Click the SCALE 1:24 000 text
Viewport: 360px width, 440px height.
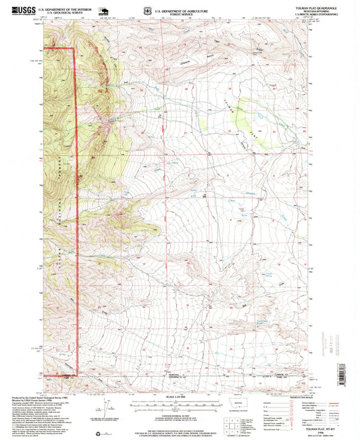click(x=180, y=395)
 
